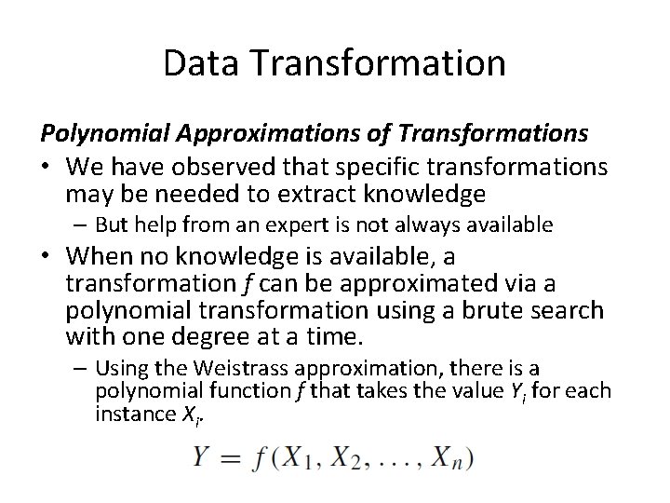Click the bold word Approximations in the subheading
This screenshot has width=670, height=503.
(248, 134)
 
